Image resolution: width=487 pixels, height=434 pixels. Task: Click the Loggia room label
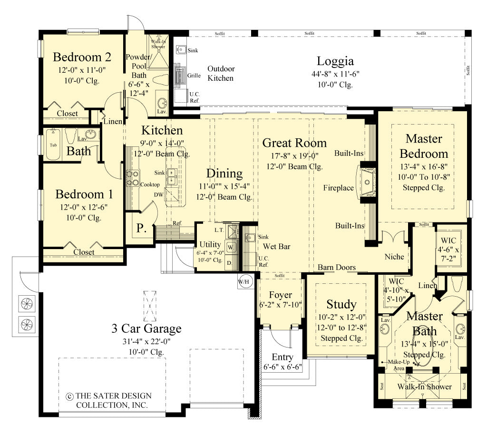335,61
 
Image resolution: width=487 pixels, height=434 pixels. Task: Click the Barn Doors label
337,267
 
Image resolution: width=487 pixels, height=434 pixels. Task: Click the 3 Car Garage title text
146,328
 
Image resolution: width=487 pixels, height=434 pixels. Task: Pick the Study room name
341,304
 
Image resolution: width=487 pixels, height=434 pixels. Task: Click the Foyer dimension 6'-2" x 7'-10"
280,305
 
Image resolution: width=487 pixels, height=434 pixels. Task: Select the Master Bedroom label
423,146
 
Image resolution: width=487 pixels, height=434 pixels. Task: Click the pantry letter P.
142,227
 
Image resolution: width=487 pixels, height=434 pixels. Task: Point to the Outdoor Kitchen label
221,73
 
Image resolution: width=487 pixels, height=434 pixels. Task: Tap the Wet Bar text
277,247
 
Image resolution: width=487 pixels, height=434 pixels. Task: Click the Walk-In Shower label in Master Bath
425,386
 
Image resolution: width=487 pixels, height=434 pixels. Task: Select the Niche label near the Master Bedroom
394,257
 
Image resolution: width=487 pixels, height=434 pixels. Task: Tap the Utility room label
209,244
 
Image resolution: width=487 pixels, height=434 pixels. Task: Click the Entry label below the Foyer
282,357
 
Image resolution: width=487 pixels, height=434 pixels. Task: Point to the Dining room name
224,173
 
